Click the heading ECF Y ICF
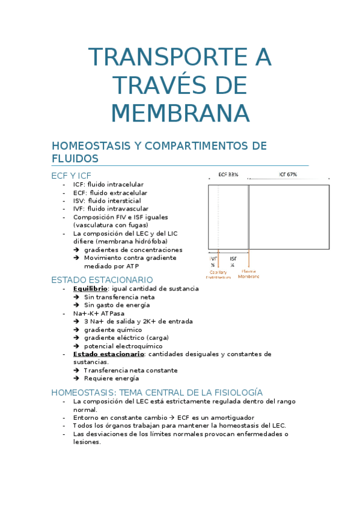pos(72,175)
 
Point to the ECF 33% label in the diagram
pos(228,174)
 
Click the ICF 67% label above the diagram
pos(288,174)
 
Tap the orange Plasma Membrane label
pos(249,274)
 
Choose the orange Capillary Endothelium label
pos(218,274)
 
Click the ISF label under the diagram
pos(233,260)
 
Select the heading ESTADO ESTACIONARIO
pos(102,280)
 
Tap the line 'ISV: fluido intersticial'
pos(107,200)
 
